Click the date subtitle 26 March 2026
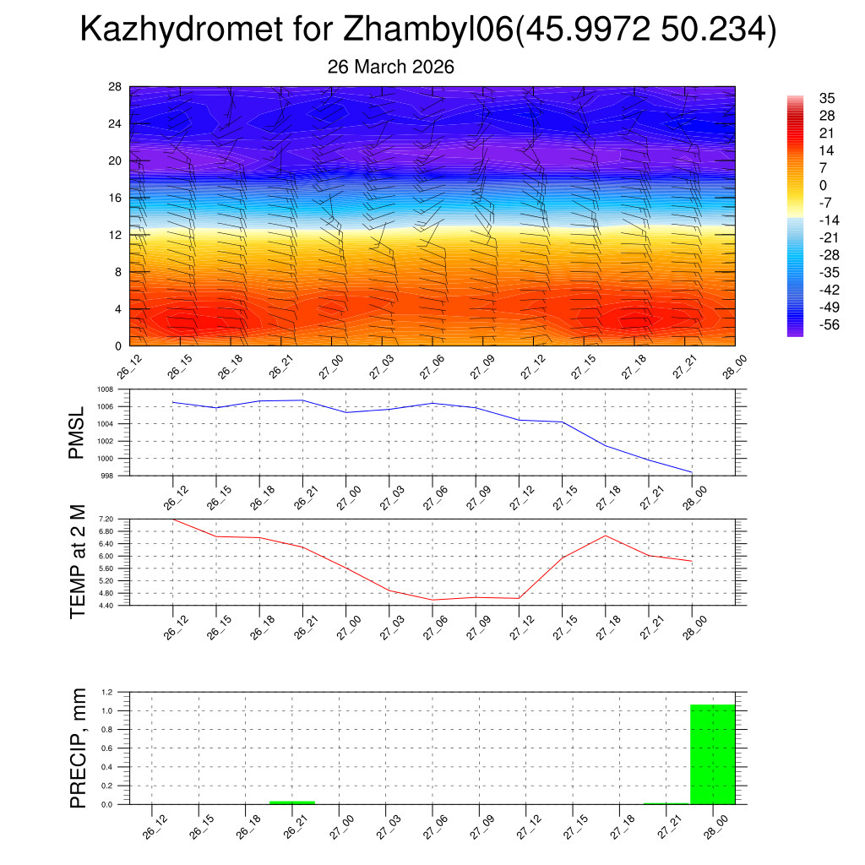[390, 67]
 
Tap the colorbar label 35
[827, 98]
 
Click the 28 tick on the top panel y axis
[115, 87]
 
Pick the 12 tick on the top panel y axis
[115, 235]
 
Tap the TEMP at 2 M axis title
[78, 562]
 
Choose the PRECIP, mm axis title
[78, 748]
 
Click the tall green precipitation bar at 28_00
[713, 754]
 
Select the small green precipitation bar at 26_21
[292, 802]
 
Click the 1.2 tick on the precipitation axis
[107, 692]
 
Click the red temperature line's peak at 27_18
[606, 536]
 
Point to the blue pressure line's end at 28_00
[692, 472]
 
